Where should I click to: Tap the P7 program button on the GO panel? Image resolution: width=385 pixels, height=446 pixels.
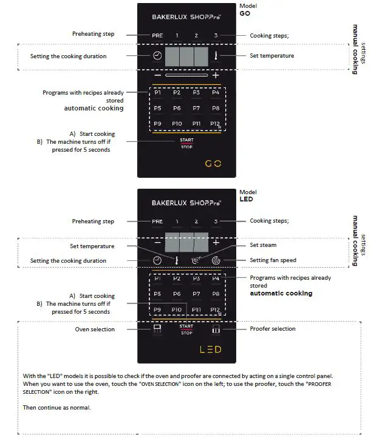(196, 108)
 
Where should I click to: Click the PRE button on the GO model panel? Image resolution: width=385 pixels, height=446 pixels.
(157, 36)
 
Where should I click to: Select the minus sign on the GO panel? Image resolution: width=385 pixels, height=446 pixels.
(157, 75)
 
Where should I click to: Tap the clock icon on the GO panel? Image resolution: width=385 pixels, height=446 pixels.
(157, 56)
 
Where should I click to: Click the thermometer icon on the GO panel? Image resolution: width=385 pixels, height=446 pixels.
(215, 56)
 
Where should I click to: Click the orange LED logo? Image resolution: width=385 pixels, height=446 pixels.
(211, 350)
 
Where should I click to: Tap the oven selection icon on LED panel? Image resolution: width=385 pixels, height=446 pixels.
(157, 329)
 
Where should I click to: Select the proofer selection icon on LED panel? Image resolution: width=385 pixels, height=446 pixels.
(216, 329)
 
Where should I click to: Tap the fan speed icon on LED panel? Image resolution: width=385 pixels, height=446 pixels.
(216, 261)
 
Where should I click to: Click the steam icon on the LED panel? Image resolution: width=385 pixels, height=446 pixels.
(196, 261)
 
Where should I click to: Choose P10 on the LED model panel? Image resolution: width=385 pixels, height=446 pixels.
(177, 309)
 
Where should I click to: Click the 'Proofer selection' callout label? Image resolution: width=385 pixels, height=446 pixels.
(273, 329)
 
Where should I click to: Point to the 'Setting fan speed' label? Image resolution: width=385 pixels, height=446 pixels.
(273, 260)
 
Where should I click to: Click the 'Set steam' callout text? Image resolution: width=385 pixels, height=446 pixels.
(263, 245)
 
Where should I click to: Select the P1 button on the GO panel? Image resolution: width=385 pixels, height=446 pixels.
(157, 93)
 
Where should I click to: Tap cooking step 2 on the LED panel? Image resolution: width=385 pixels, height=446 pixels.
(196, 222)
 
